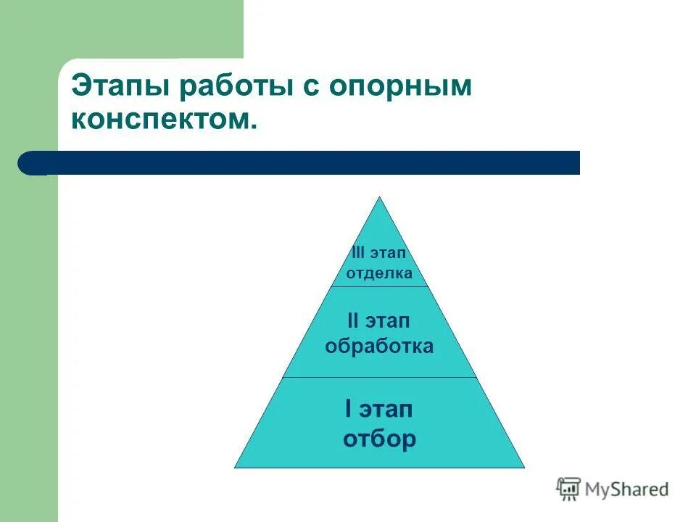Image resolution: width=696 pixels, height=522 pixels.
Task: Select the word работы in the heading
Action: click(x=231, y=88)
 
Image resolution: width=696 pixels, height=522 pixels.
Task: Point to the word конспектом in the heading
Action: click(x=162, y=119)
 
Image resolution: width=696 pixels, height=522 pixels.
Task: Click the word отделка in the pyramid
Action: click(x=379, y=273)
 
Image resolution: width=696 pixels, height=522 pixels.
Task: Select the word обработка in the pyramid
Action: click(x=379, y=346)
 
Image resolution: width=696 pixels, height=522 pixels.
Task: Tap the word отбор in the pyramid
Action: click(x=379, y=439)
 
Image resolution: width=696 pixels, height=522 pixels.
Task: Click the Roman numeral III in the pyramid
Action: click(x=358, y=253)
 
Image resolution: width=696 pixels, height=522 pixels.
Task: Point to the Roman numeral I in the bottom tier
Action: click(x=349, y=410)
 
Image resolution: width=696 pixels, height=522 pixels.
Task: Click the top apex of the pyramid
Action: click(x=379, y=198)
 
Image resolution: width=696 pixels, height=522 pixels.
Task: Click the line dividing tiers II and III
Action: click(x=379, y=286)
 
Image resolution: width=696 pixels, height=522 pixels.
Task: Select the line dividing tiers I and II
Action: click(x=379, y=377)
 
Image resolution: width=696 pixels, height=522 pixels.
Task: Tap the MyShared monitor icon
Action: click(x=568, y=489)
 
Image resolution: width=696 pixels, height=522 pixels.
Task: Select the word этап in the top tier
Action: click(x=389, y=253)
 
